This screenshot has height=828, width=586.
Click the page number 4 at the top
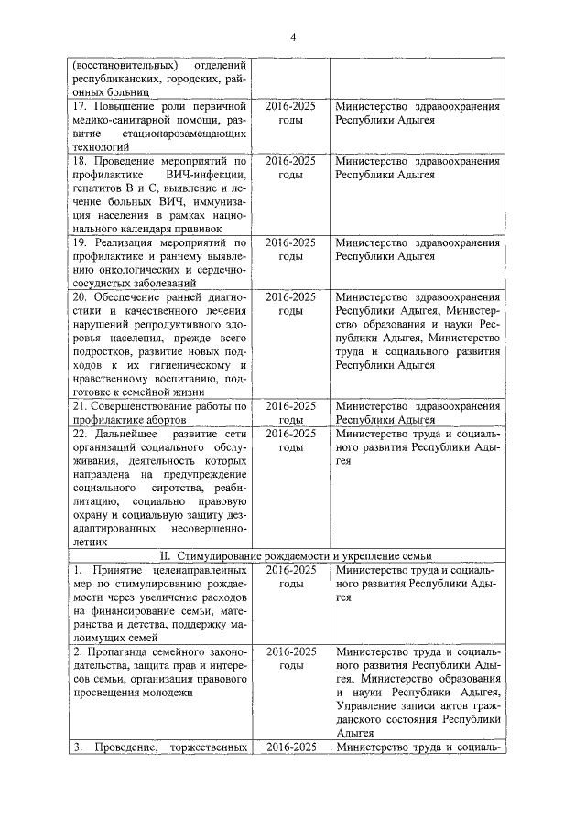293,37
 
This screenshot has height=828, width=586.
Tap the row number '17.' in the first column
80,106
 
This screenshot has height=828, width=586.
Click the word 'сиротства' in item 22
151,488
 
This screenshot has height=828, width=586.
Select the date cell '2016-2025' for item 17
290,106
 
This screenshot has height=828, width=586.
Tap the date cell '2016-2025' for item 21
290,406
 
